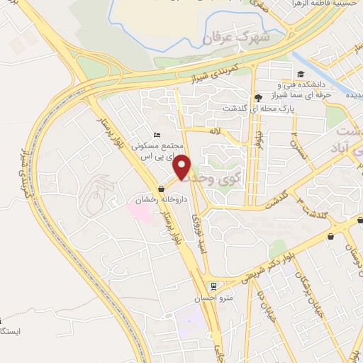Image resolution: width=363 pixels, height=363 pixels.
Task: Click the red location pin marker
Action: click(183, 166)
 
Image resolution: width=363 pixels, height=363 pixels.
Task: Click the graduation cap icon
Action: click(301, 74)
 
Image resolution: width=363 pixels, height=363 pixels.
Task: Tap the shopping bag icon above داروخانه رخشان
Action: click(162, 189)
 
